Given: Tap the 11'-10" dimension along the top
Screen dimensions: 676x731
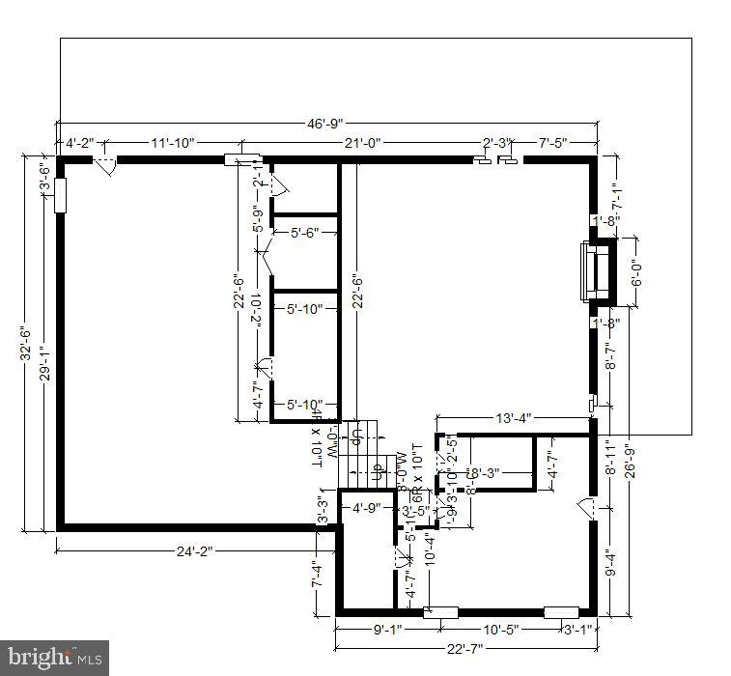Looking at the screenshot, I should pos(173,143).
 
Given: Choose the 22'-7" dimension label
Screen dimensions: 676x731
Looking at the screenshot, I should pos(465,648).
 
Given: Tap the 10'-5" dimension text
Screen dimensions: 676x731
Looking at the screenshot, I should pos(500,630).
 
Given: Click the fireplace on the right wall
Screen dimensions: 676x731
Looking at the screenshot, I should pos(595,271).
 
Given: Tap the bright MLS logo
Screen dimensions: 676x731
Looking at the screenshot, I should pos(53,659).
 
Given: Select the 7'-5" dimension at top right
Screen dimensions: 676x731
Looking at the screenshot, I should pos(557,143).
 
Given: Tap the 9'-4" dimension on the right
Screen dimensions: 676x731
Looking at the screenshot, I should pos(609,563).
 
